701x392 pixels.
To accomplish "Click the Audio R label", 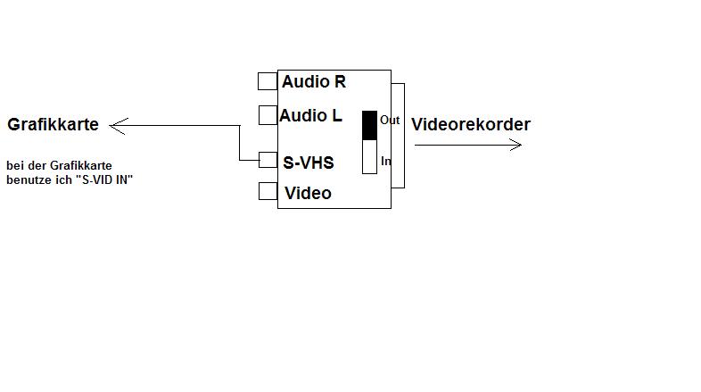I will (313, 82).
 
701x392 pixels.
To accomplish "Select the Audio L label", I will (310, 116).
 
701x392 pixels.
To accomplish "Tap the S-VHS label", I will (309, 163).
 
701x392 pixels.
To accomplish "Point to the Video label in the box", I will (308, 193).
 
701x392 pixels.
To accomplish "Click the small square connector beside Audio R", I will (267, 81).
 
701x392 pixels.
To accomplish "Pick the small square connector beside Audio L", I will (268, 115).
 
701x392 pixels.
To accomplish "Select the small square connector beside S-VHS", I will (268, 160).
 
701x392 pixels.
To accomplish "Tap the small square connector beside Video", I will (268, 191).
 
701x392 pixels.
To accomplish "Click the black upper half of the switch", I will (369, 125).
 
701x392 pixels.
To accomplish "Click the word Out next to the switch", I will (390, 120).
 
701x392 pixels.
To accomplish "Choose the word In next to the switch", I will (386, 162).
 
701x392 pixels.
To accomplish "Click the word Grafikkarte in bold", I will (53, 125).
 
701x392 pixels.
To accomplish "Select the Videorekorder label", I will (470, 125).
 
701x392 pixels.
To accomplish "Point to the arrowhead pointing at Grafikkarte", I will (116, 126).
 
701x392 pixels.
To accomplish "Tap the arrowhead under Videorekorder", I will (515, 144).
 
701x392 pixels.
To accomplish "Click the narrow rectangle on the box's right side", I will (398, 135).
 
